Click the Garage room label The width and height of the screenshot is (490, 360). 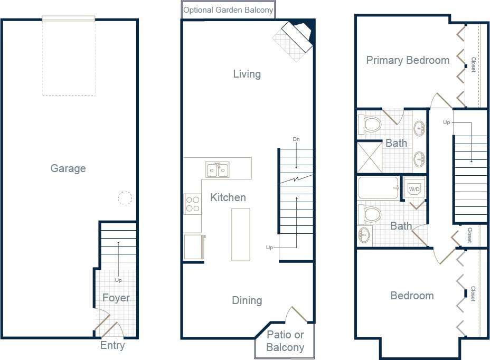68,169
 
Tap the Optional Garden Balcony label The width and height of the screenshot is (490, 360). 228,10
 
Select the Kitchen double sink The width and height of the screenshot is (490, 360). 217,170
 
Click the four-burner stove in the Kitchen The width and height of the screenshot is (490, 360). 193,204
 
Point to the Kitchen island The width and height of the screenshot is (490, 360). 241,234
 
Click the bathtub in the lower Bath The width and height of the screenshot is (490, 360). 378,188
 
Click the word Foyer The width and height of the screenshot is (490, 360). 116,298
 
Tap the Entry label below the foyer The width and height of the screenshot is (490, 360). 112,346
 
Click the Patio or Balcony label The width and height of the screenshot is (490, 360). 285,341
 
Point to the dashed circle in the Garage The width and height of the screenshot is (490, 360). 125,198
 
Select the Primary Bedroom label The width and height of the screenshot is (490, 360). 408,60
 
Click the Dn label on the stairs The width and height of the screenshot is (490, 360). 296,139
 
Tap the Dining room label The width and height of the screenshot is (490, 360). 247,300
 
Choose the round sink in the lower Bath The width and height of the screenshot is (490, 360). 364,234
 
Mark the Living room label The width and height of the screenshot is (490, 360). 247,74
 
